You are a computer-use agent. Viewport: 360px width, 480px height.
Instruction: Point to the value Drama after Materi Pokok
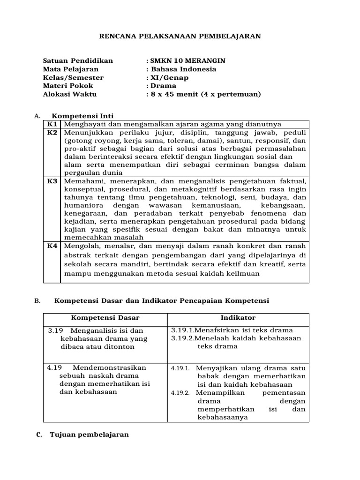coord(163,86)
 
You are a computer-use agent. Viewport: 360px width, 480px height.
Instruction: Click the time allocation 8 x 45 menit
coord(168,94)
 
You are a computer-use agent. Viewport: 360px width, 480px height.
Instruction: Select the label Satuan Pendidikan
coord(78,60)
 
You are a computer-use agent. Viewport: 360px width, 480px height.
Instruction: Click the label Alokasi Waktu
coord(70,94)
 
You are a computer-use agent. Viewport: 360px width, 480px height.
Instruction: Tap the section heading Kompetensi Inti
coord(82,116)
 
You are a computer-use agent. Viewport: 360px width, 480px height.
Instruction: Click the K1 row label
coord(52,124)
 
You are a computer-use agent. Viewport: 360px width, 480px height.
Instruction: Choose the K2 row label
coord(52,132)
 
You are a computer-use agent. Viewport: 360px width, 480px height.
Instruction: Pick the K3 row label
coord(52,180)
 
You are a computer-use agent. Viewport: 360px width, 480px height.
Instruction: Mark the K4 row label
coord(52,246)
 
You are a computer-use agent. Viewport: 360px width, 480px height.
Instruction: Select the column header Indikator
coord(240,318)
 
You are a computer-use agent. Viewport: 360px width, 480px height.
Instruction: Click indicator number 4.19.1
coord(180,368)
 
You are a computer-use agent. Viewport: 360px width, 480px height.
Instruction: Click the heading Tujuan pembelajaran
coord(89,435)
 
